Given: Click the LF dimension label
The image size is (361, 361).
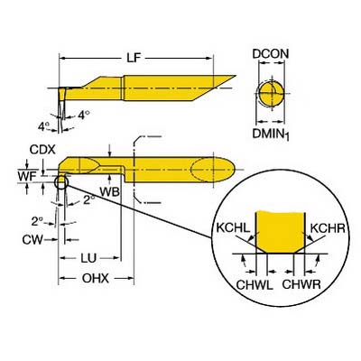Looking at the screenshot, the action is (134, 58).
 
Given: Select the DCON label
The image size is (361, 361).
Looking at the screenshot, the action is (271, 54).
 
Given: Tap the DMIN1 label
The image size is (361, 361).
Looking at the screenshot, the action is (271, 134).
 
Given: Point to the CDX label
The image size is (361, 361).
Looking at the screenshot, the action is (42, 150).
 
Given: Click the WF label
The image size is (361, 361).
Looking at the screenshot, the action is (27, 176).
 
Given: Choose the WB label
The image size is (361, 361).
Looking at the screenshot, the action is (110, 192).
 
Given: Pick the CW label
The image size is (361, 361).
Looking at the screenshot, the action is (32, 240).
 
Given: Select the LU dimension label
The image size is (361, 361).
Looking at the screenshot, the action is (88, 258).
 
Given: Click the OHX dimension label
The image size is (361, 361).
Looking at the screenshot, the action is (96, 279).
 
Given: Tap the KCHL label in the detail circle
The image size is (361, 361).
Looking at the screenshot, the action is (233, 228).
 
